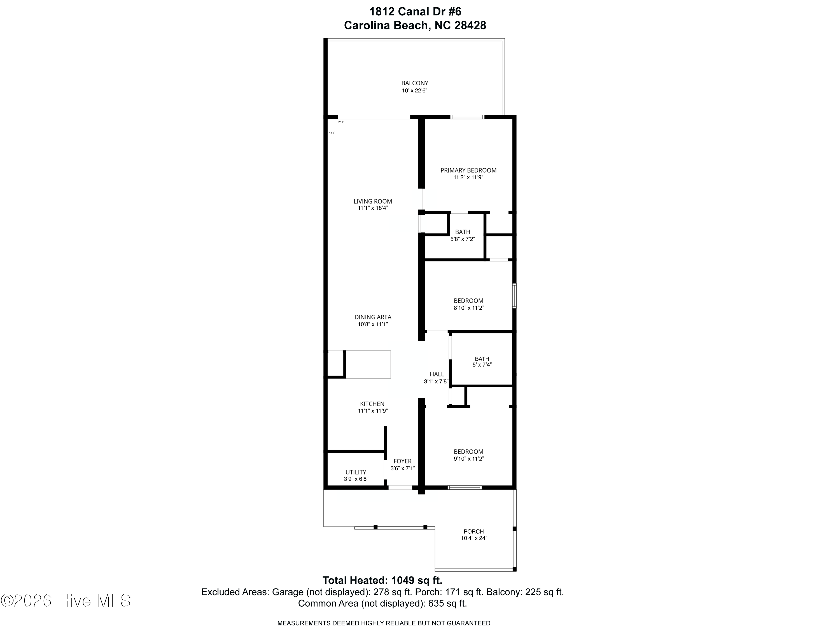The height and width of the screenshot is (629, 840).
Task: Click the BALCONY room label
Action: pos(415,83)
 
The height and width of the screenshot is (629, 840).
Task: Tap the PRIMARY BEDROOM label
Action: pos(468,170)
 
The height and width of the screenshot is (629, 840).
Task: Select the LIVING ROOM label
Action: pos(372,201)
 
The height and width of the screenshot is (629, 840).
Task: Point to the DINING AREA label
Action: pos(372,317)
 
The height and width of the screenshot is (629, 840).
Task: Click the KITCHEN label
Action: pos(372,404)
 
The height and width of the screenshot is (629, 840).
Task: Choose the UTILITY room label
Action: pos(356,472)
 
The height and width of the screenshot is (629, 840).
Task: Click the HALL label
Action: pos(437,374)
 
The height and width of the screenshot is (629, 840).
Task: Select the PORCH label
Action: pos(473,531)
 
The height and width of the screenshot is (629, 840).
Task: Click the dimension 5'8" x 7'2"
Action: pos(463,239)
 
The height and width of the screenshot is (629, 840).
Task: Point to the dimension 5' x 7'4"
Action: pos(482,365)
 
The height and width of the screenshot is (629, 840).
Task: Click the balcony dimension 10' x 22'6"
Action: pos(415,91)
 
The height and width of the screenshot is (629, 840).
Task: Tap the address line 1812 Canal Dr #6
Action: pos(415,12)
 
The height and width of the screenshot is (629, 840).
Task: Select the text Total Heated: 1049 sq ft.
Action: pos(382,580)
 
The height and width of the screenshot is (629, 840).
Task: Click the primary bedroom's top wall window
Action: pos(468,117)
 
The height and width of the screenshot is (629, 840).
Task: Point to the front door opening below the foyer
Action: pos(400,487)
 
